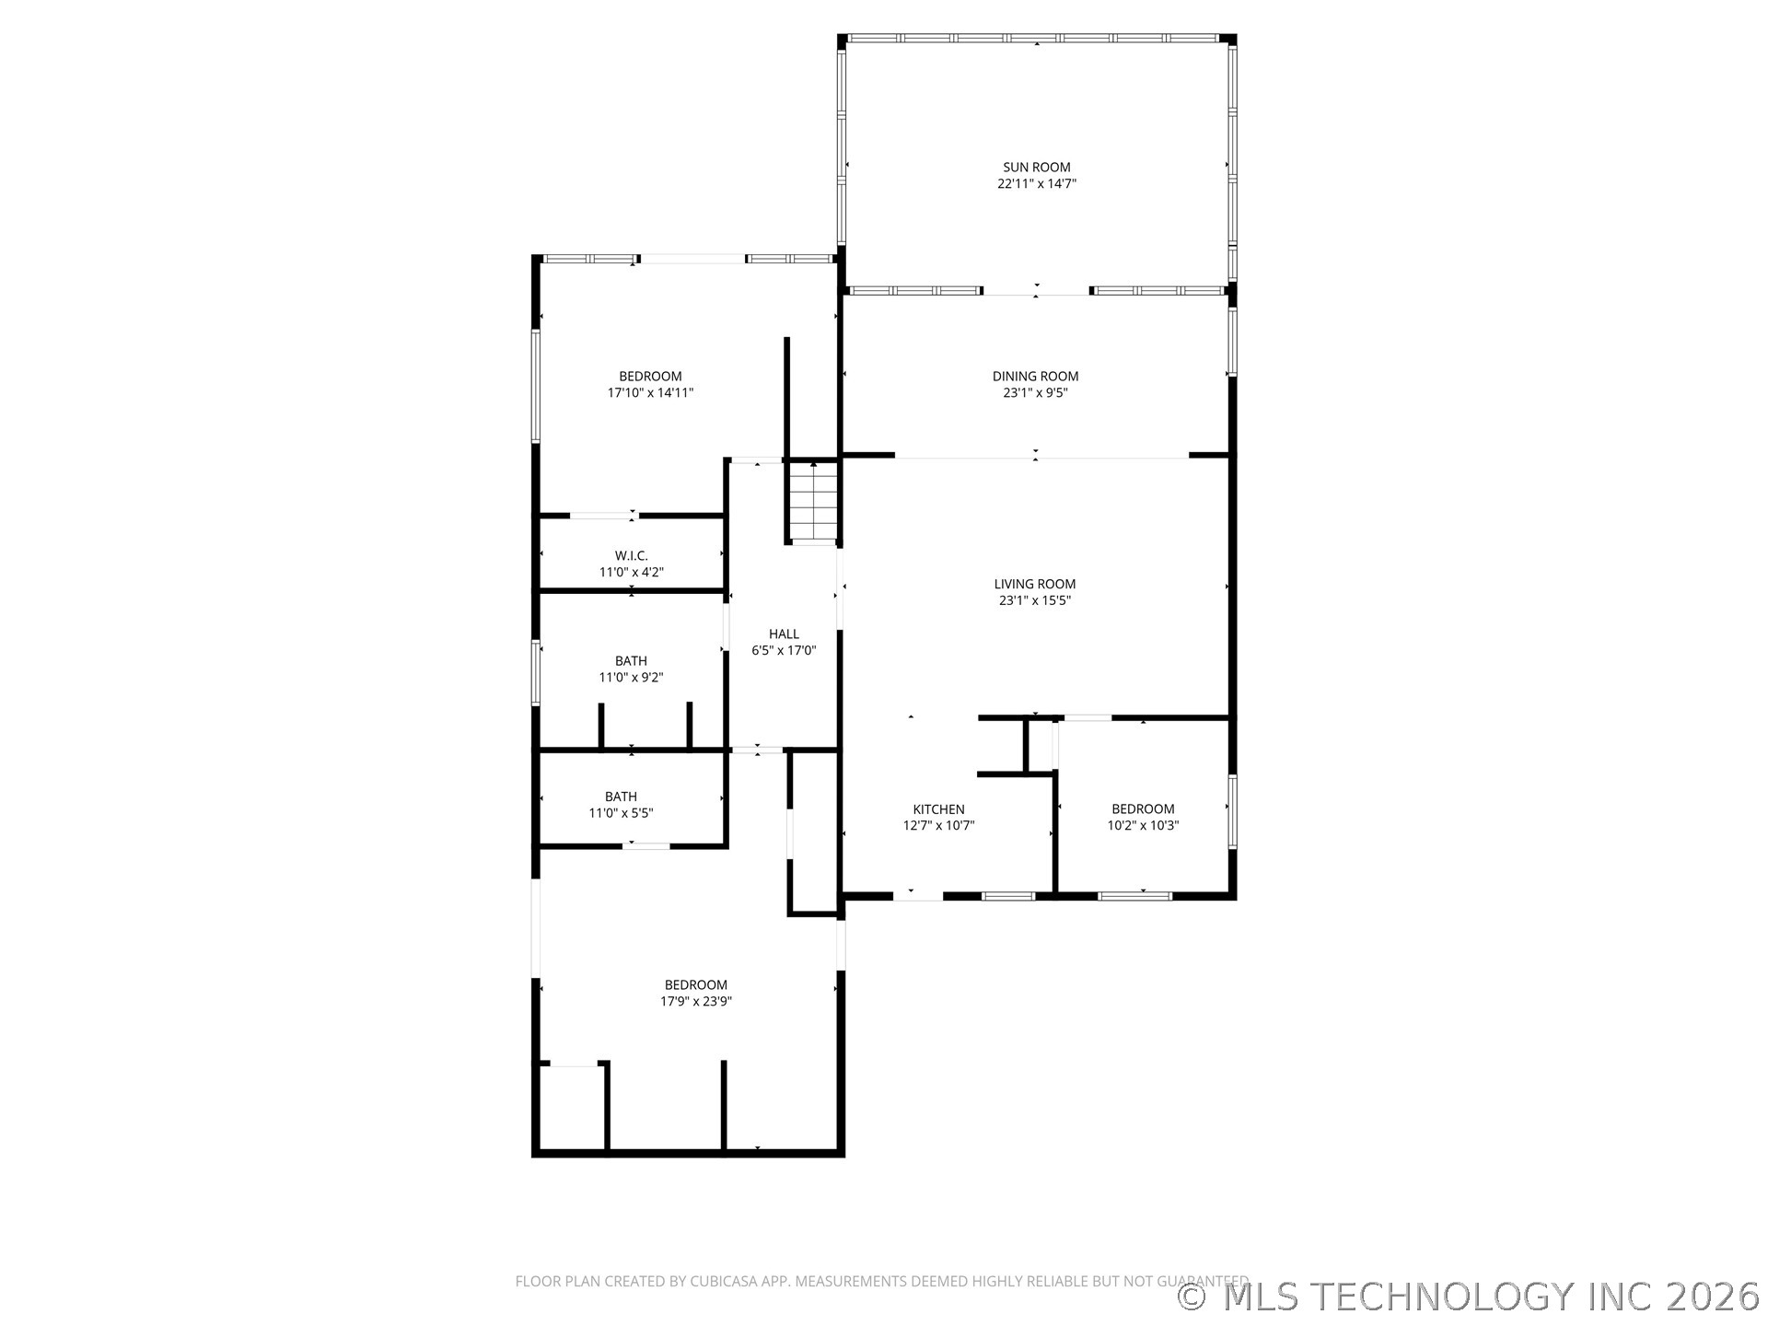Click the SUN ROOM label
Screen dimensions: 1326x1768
pyautogui.click(x=1036, y=167)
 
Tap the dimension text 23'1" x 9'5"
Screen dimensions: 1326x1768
pyautogui.click(x=1035, y=392)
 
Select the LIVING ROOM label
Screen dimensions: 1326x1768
pyautogui.click(x=1034, y=584)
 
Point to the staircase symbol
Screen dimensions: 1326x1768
pyautogui.click(x=814, y=505)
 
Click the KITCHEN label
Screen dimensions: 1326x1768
pyautogui.click(x=938, y=809)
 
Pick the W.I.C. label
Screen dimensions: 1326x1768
pyautogui.click(x=631, y=555)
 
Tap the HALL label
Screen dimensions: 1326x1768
pyautogui.click(x=784, y=634)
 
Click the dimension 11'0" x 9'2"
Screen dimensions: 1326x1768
pyautogui.click(x=631, y=677)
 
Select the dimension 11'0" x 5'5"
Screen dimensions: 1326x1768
pyautogui.click(x=621, y=813)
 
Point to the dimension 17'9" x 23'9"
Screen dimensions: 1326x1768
pyautogui.click(x=695, y=1001)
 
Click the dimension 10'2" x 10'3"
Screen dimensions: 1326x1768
pyautogui.click(x=1142, y=826)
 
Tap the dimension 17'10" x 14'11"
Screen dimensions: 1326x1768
pyautogui.click(x=649, y=392)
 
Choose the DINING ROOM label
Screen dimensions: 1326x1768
pyautogui.click(x=1035, y=376)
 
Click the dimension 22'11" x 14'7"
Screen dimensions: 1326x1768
pyautogui.click(x=1036, y=183)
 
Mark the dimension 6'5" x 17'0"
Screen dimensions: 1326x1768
pyautogui.click(x=784, y=650)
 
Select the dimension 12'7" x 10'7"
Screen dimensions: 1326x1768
pyautogui.click(x=938, y=826)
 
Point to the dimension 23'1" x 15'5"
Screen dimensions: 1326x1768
pyautogui.click(x=1034, y=600)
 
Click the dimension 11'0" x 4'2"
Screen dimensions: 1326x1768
pyautogui.click(x=631, y=572)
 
